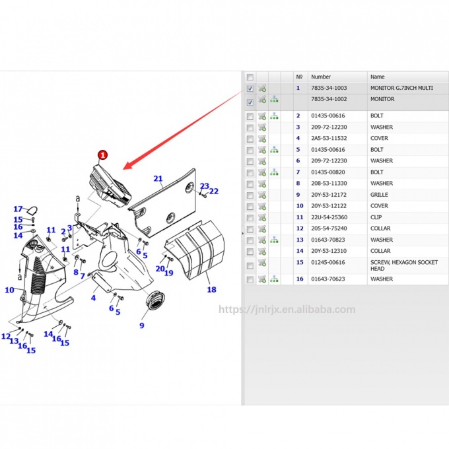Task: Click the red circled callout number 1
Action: tap(102, 155)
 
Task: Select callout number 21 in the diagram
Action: tap(158, 178)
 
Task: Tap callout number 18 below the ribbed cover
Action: tap(211, 289)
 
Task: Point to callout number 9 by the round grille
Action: tap(141, 325)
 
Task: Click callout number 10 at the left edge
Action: tap(9, 290)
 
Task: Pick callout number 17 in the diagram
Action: tap(18, 209)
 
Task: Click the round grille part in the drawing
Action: tap(156, 300)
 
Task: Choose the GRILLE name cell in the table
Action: tap(379, 195)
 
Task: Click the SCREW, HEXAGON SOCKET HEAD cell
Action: tap(403, 265)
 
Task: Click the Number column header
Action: tap(321, 77)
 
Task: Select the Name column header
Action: tap(377, 77)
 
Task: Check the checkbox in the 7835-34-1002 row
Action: tap(250, 102)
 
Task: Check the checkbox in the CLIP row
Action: tap(250, 217)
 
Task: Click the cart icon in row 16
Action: tap(262, 279)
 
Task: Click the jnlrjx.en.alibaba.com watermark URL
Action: tap(286, 309)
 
